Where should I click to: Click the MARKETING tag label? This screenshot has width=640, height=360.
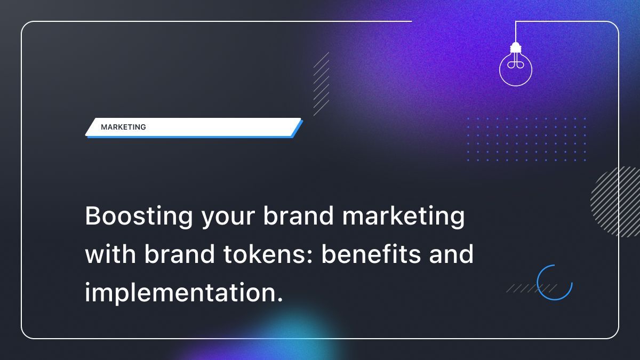point(123,127)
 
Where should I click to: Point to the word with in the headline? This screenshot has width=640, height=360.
point(110,254)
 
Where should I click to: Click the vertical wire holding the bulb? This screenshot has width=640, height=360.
point(515,32)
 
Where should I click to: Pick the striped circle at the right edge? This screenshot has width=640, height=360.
point(616,201)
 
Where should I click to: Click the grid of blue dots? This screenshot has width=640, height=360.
point(526,139)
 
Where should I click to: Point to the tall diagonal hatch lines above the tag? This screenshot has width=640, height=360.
point(321,84)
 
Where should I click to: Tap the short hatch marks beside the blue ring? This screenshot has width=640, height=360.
point(525,289)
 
